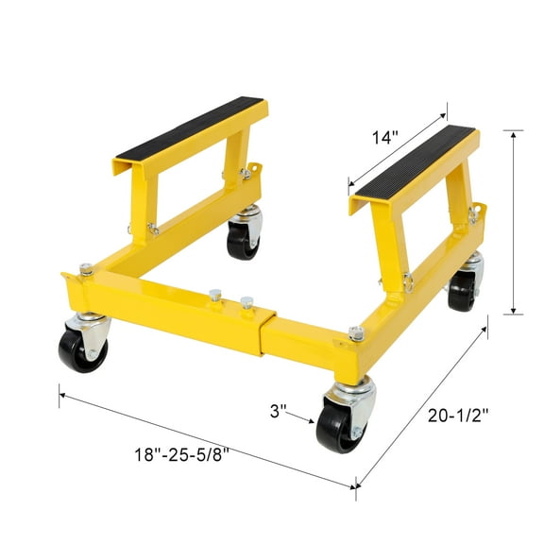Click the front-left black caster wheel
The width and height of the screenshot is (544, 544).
click(x=82, y=350)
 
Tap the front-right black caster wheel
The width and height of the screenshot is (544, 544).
click(x=337, y=426)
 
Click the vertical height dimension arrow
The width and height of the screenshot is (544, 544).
click(x=514, y=223)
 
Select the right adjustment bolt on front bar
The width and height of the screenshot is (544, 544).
click(x=247, y=304)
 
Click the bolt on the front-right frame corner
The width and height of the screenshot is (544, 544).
click(x=356, y=332)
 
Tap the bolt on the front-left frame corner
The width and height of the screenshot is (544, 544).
click(x=86, y=270)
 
